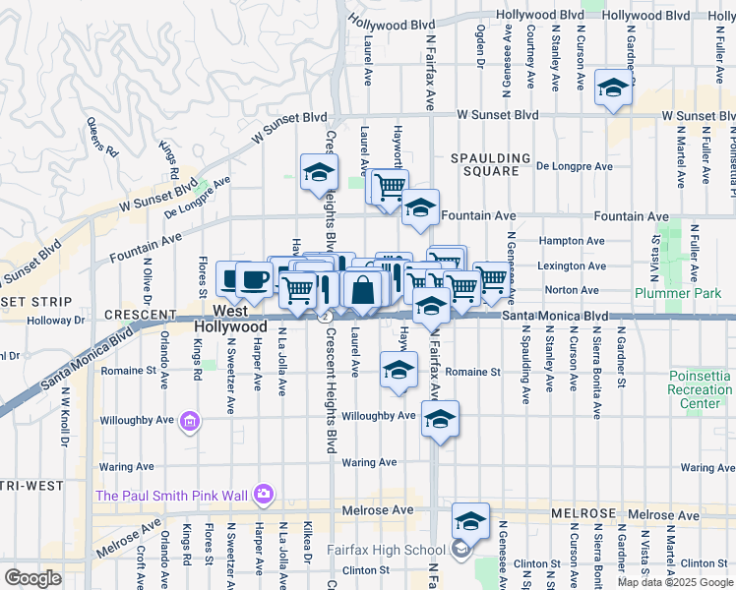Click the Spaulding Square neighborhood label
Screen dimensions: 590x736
pos(484,164)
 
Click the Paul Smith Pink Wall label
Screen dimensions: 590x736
pos(172,495)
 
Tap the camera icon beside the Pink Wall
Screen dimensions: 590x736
pos(263,493)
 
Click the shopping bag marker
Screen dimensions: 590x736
pos(362,290)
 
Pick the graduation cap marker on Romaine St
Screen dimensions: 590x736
pos(399,371)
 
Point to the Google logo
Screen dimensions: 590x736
pos(33,577)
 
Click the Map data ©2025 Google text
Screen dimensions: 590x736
pos(674,582)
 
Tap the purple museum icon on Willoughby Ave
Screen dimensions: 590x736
pos(189,423)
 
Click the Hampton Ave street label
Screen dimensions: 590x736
pos(576,241)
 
